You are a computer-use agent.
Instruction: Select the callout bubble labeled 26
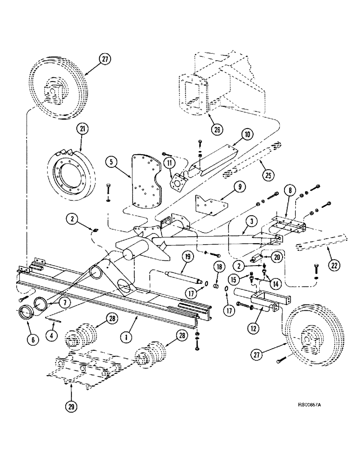[x=216, y=130]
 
